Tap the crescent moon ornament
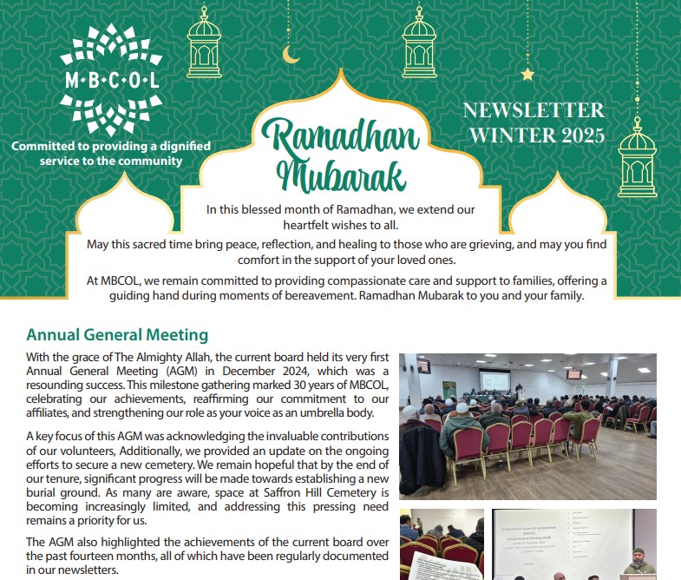click(291, 55)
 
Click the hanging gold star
click(527, 75)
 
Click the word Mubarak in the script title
click(342, 175)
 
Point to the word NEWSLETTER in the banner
click(534, 110)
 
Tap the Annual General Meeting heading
click(117, 334)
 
